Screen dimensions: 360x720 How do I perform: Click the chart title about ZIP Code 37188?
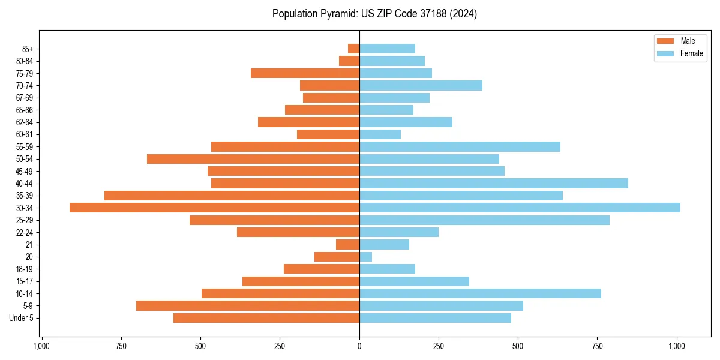374,14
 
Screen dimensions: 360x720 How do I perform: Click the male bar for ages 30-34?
214,208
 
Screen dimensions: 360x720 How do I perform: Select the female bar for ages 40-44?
493,183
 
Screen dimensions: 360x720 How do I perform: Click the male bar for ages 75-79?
305,73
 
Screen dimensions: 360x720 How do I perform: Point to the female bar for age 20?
365,257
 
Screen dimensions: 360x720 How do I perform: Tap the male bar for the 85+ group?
353,49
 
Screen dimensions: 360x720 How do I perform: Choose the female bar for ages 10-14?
480,293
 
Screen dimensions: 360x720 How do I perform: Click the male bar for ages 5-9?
247,305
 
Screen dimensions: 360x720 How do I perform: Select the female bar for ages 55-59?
460,146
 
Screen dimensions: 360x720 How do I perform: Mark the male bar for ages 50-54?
253,159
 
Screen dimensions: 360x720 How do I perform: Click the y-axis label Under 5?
21,318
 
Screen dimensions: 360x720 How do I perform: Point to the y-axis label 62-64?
25,122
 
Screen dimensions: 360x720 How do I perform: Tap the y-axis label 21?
29,245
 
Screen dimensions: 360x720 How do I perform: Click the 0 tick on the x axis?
359,346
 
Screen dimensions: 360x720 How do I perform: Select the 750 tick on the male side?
121,346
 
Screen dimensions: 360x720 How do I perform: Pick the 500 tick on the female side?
518,346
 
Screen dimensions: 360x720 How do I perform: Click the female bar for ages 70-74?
421,85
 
